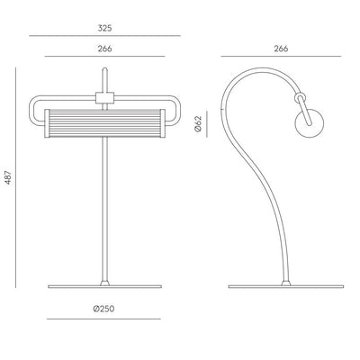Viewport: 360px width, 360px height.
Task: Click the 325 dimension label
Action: [x=104, y=28]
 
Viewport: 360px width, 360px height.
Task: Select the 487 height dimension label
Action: [x=8, y=177]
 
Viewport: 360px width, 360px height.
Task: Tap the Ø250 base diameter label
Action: [x=103, y=309]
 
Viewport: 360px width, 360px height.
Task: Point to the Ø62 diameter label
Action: [x=198, y=124]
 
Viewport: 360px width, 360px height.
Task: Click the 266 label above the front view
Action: [x=104, y=49]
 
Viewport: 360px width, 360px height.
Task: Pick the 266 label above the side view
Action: [x=281, y=49]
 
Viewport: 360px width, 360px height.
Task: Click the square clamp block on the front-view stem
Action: [x=104, y=98]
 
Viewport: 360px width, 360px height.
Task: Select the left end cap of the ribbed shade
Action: [x=47, y=123]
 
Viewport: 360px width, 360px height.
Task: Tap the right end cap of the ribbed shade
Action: [x=163, y=123]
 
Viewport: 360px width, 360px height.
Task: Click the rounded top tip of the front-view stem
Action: [x=104, y=69]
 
